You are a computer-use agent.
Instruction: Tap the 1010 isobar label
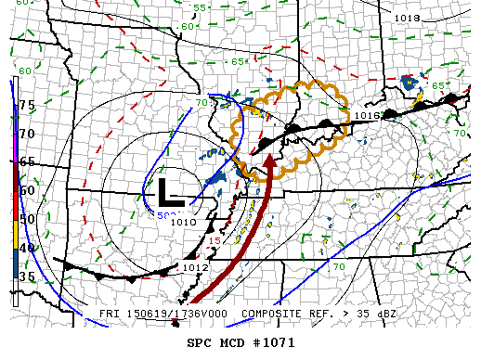(x=184, y=223)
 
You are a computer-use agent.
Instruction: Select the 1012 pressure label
(x=195, y=268)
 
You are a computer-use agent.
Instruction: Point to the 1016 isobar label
(x=368, y=116)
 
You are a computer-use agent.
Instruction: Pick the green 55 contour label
(x=200, y=8)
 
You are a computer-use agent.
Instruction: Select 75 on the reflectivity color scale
(x=27, y=106)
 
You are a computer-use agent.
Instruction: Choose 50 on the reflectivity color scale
(x=27, y=220)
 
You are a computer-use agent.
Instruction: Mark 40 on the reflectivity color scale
(x=27, y=248)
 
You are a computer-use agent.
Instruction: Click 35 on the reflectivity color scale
(x=27, y=276)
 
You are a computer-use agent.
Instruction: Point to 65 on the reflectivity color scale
(x=27, y=162)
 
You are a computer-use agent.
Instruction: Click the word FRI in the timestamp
(x=110, y=314)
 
